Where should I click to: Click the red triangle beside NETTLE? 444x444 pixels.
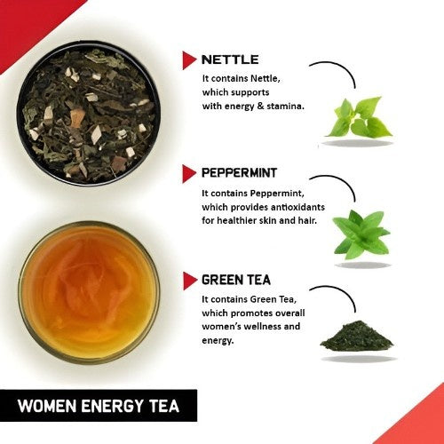click(189, 60)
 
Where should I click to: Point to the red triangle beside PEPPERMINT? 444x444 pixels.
click(189, 172)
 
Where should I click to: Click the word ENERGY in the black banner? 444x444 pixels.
click(114, 408)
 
